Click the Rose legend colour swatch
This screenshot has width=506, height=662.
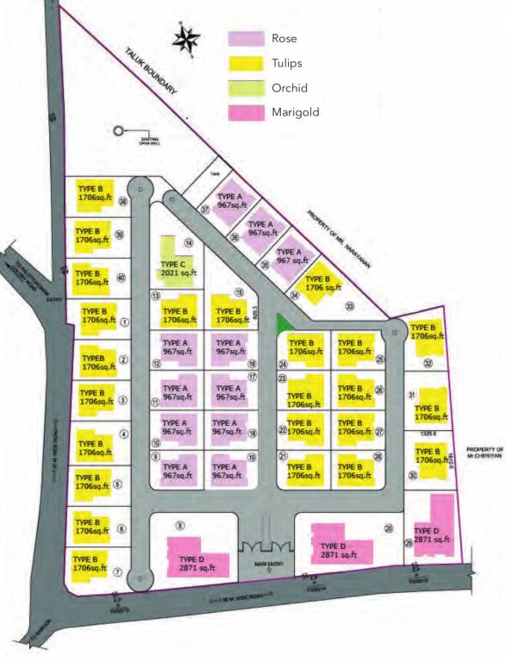click(245, 39)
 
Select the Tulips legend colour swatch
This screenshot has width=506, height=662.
click(245, 63)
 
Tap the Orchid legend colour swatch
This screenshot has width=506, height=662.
click(245, 88)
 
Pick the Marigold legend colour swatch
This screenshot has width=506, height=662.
click(245, 112)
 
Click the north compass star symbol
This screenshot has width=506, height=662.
click(186, 39)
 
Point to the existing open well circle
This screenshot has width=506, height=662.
click(119, 132)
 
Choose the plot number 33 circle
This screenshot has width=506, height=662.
click(349, 305)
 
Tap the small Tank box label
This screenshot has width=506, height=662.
click(215, 173)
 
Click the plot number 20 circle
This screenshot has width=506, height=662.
click(388, 528)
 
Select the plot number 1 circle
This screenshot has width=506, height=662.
click(125, 322)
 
